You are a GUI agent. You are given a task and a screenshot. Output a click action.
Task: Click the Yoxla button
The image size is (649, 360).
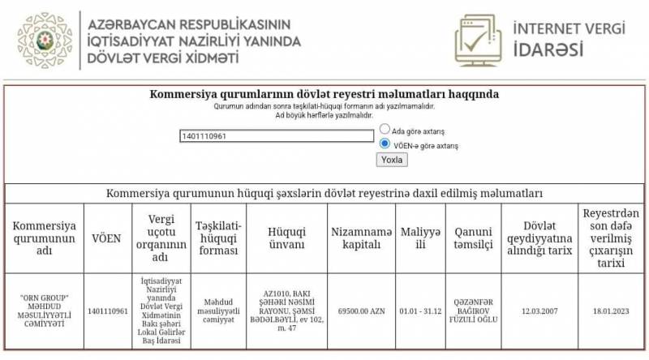pos(393,160)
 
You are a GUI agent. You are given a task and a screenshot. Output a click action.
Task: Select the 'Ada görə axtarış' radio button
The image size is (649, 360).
pos(385,130)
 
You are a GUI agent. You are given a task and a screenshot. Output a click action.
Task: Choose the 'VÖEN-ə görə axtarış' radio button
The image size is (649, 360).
pos(385,144)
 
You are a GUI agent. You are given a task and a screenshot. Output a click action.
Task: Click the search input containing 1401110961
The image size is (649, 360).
pos(277,136)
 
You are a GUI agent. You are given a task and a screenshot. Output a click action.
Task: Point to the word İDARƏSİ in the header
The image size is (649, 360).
pos(548,49)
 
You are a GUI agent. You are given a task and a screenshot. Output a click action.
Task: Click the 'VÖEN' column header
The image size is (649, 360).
pos(106,238)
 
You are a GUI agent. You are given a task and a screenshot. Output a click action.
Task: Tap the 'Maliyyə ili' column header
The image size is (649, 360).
pos(420,238)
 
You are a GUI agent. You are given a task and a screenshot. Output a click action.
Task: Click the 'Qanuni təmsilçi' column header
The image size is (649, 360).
pos(472,238)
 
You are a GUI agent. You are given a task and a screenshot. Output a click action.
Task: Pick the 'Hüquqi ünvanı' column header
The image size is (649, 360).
pos(286,238)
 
